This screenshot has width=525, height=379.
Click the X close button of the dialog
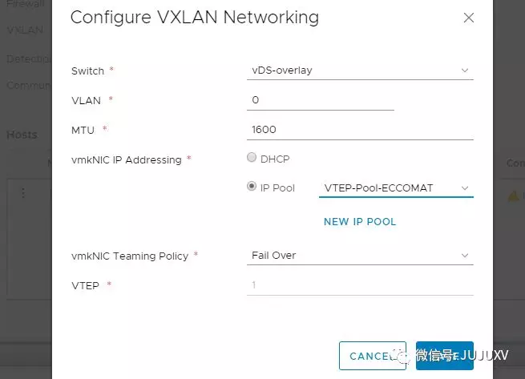[468, 18]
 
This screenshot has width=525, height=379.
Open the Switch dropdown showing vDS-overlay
[359, 71]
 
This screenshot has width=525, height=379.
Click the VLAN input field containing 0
[321, 100]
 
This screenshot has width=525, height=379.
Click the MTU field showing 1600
[359, 129]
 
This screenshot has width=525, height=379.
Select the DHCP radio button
[252, 158]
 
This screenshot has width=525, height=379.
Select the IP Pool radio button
[252, 187]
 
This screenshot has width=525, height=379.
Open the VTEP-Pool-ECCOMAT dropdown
[396, 188]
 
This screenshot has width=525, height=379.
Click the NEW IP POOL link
[360, 221]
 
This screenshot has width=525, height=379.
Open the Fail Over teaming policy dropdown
[359, 256]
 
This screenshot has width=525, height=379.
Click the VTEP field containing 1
[359, 285]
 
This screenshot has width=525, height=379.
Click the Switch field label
[87, 71]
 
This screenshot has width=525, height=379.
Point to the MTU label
[83, 129]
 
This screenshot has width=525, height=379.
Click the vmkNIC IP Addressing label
[126, 159]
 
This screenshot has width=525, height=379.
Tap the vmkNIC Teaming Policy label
[129, 256]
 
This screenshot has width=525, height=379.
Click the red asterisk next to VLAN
[111, 99]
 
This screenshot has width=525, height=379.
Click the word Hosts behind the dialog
[22, 135]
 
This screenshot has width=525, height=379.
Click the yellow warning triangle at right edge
[513, 196]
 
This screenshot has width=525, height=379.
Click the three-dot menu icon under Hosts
[23, 193]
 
